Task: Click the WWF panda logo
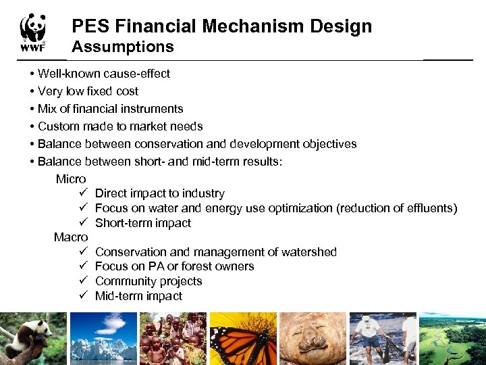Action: [x=32, y=32]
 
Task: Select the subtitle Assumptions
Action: [x=123, y=47]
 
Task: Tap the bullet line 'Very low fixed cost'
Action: [x=88, y=91]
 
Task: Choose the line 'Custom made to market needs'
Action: [x=120, y=126]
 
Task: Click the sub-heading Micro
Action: [x=71, y=179]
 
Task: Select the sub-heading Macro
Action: [x=71, y=237]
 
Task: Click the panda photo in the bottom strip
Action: [x=33, y=338]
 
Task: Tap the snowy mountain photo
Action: [x=103, y=338]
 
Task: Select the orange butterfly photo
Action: [x=243, y=338]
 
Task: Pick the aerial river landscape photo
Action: [x=452, y=338]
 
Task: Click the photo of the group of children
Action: [x=173, y=338]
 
